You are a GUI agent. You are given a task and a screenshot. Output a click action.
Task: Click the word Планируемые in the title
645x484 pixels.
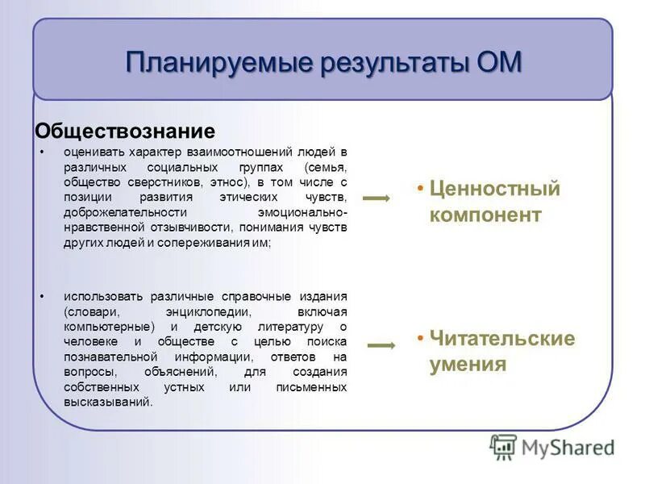tap(206, 62)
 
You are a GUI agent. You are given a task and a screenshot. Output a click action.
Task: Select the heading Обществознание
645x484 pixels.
tap(125, 131)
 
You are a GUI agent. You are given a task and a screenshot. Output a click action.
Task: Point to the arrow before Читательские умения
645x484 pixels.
tap(381, 346)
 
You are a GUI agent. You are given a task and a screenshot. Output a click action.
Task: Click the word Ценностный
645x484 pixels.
tap(494, 189)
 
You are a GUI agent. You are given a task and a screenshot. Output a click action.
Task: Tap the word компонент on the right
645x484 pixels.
tap(485, 215)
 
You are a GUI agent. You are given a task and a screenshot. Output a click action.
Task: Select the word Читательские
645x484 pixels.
tap(501, 338)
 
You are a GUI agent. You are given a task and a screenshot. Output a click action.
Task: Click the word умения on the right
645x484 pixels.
tap(468, 365)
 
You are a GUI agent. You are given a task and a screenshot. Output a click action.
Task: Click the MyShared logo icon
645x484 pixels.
tap(504, 446)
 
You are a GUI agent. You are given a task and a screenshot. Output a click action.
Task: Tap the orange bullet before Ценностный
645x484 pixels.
tap(421, 189)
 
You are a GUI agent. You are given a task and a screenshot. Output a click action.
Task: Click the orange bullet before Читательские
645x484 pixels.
tap(421, 338)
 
